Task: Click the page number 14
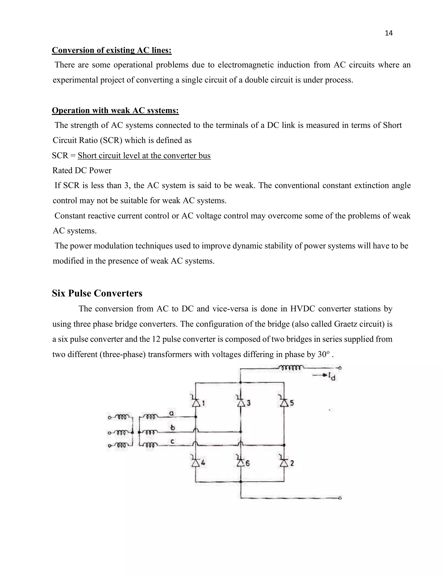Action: tap(389, 33)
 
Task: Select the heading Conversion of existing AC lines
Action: tap(111, 50)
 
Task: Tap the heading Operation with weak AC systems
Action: tap(115, 110)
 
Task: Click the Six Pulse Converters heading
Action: tap(97, 293)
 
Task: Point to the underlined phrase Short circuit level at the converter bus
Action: tap(144, 156)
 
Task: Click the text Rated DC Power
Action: tap(82, 171)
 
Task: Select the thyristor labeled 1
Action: tap(196, 403)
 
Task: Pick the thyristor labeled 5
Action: tap(284, 403)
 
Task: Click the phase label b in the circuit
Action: tap(172, 428)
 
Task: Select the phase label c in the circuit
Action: tap(172, 441)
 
